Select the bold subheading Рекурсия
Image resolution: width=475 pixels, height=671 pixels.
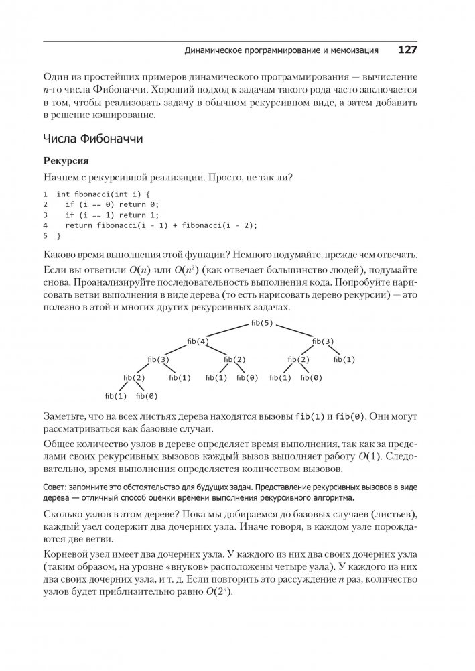[x=66, y=162]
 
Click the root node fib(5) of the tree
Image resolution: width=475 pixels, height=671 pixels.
[x=261, y=324]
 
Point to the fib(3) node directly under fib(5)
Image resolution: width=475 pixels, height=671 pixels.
[x=323, y=341]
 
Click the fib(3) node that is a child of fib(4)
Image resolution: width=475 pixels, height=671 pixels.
[x=157, y=360]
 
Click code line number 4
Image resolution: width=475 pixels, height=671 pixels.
[x=46, y=225]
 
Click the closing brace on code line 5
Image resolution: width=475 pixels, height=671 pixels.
[x=59, y=236]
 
